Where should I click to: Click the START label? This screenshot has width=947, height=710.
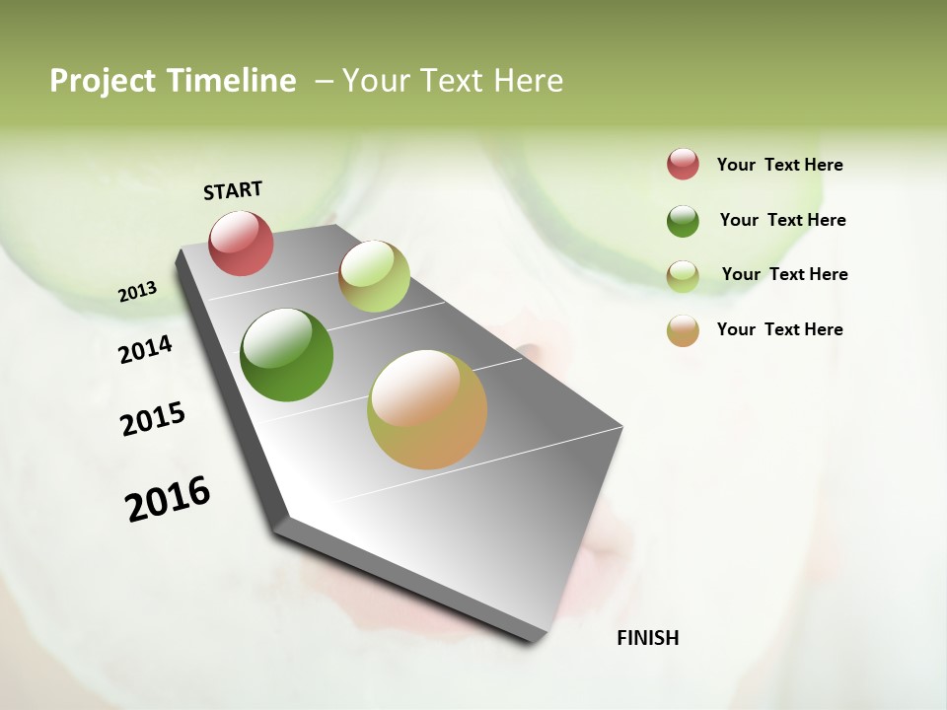pyautogui.click(x=233, y=190)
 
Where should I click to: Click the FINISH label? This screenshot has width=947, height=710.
pyautogui.click(x=647, y=638)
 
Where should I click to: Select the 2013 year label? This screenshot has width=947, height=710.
pyautogui.click(x=137, y=292)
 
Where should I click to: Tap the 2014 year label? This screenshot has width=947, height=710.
pyautogui.click(x=145, y=349)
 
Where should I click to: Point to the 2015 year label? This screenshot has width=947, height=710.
pyautogui.click(x=153, y=419)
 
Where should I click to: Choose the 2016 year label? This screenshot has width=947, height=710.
pyautogui.click(x=168, y=499)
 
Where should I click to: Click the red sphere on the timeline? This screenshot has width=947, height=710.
pyautogui.click(x=241, y=244)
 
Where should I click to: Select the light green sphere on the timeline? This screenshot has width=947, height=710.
pyautogui.click(x=374, y=276)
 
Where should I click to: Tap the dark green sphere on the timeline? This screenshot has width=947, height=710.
pyautogui.click(x=286, y=355)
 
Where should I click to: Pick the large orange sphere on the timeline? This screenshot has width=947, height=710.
pyautogui.click(x=427, y=409)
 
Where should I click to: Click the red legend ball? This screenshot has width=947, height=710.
pyautogui.click(x=683, y=165)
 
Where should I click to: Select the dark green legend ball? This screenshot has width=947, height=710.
pyautogui.click(x=683, y=221)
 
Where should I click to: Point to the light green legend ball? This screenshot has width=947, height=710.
pyautogui.click(x=683, y=276)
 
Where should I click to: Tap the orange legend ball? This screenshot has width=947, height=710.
pyautogui.click(x=683, y=330)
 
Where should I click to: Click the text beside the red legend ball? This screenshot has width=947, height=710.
pyautogui.click(x=779, y=166)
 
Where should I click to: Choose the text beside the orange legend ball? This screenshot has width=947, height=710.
pyautogui.click(x=779, y=329)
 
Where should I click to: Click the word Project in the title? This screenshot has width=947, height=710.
pyautogui.click(x=102, y=81)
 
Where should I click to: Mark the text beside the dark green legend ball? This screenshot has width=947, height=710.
pyautogui.click(x=782, y=220)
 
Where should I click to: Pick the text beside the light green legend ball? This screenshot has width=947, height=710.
pyautogui.click(x=784, y=274)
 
